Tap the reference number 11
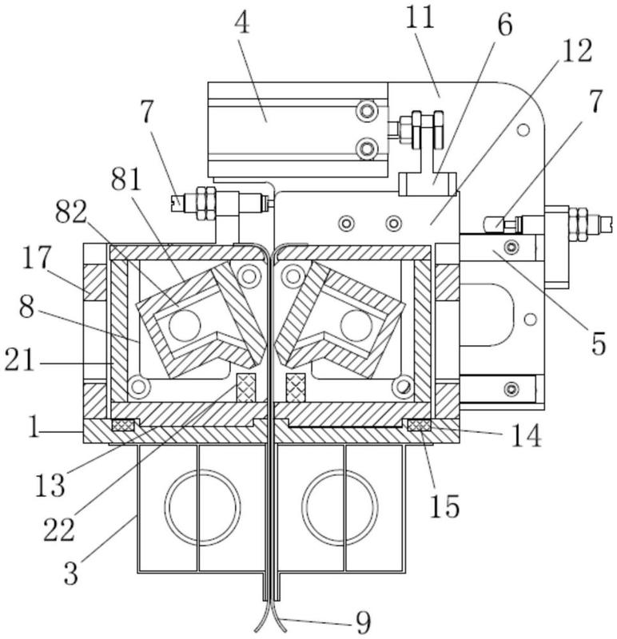420,18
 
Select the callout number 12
576,51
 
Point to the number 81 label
126,181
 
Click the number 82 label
71,212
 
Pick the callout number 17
37,257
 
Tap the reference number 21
19,361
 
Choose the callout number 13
50,486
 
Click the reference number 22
59,530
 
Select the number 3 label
70,573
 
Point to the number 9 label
363,623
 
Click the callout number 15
445,506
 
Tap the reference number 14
527,436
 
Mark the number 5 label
599,343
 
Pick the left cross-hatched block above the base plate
247,387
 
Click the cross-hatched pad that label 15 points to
420,425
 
